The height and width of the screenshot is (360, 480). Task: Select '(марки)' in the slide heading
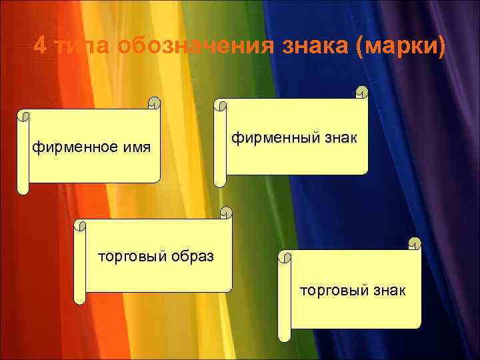400,47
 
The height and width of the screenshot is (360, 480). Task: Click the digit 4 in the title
40,47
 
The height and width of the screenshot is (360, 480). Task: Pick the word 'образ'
193,256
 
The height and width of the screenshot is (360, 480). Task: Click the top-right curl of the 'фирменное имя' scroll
155,103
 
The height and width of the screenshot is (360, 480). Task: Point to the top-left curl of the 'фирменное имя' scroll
25,115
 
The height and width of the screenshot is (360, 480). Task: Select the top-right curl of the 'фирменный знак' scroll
361,92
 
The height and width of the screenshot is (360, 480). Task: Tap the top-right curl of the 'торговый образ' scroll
226,213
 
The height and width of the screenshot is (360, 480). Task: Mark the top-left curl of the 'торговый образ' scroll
80,225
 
